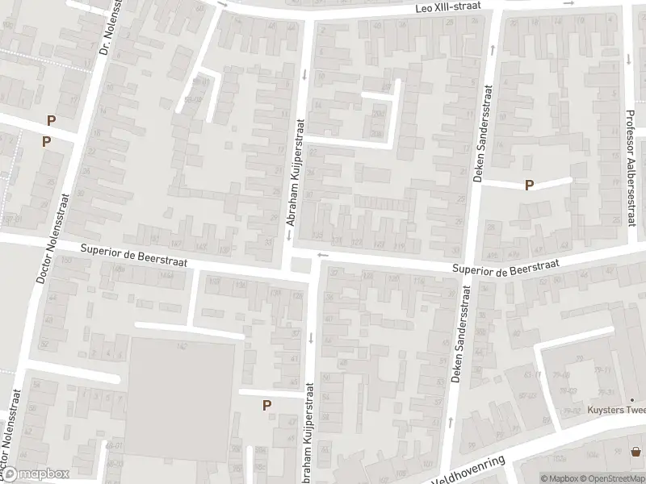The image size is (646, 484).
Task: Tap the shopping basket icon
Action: [636, 452]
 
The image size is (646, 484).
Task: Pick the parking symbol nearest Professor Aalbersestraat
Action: [529, 185]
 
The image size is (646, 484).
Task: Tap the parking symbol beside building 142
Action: [266, 406]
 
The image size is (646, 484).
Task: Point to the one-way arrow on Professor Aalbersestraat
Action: [629, 58]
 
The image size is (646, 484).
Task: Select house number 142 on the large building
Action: [183, 346]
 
